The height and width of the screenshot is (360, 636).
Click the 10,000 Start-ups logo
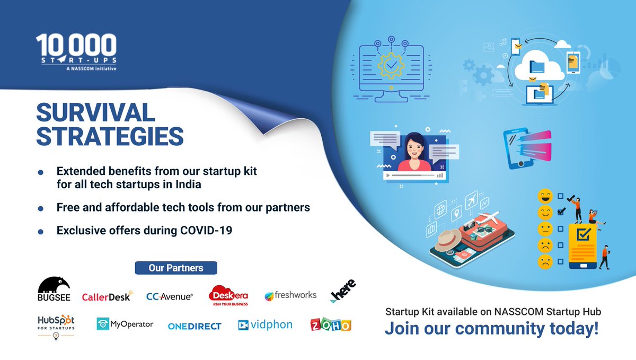(x=76, y=52)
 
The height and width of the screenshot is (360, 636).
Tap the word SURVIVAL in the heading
(x=95, y=112)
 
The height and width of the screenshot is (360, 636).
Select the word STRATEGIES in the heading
(x=110, y=136)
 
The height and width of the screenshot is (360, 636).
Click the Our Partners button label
(x=176, y=268)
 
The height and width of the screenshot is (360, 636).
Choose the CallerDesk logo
(x=106, y=296)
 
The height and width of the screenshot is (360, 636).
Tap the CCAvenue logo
(x=170, y=296)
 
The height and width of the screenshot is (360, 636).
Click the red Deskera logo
(x=228, y=295)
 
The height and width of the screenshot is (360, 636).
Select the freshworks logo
(x=290, y=295)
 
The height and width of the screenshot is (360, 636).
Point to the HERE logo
(x=343, y=291)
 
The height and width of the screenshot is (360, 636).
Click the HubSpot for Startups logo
(x=56, y=324)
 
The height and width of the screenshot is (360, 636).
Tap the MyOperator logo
(x=125, y=324)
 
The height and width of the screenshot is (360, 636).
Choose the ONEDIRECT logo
(x=195, y=326)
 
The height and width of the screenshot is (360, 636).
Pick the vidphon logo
(x=265, y=324)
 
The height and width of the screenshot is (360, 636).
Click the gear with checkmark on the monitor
(x=391, y=66)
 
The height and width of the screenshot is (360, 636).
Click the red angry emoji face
(x=544, y=261)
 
